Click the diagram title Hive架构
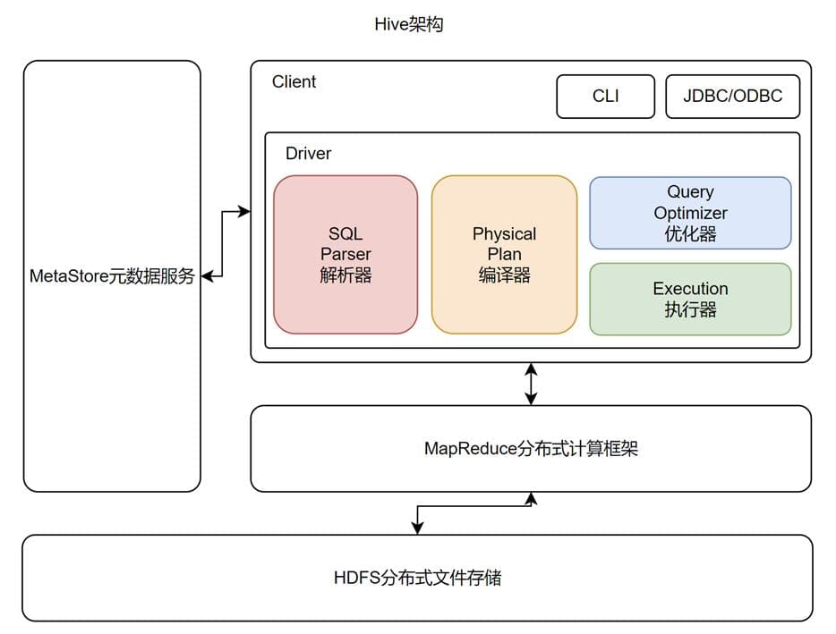(x=408, y=25)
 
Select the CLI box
(x=605, y=96)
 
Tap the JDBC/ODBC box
(x=732, y=96)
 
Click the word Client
(x=294, y=81)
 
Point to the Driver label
(x=308, y=154)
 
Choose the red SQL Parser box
(x=345, y=255)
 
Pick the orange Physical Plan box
(x=504, y=255)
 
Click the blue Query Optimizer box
(x=690, y=213)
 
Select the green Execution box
(x=690, y=300)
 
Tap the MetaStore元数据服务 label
(x=112, y=276)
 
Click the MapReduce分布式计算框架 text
(x=531, y=449)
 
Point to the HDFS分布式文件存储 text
(x=416, y=578)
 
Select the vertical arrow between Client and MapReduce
(x=531, y=384)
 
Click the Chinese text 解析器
(x=345, y=275)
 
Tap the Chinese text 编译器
(x=504, y=275)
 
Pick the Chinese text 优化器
(x=690, y=234)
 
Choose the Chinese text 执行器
(x=690, y=310)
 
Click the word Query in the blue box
(x=690, y=192)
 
